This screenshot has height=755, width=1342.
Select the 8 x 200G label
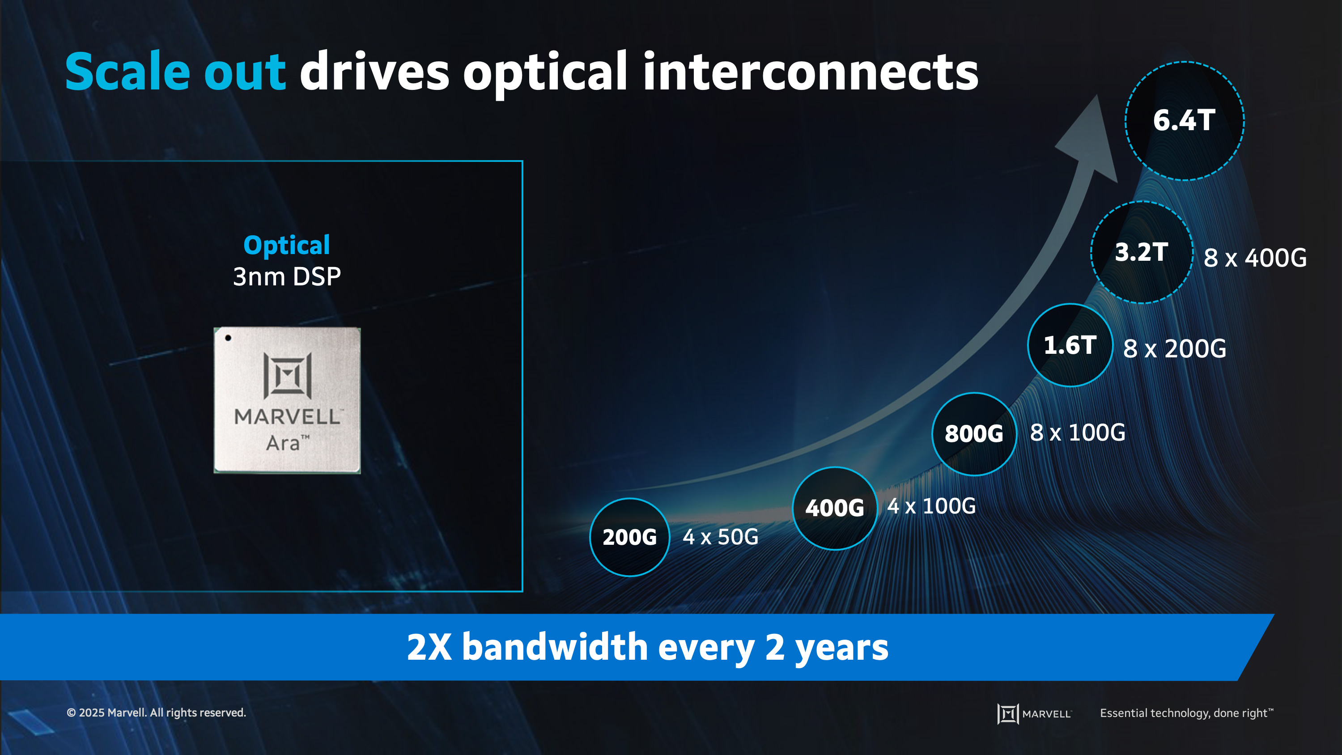point(1174,348)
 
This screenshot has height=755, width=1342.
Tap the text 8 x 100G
point(1077,433)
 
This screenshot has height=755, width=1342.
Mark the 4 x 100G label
point(931,506)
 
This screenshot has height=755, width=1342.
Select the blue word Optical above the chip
point(287,246)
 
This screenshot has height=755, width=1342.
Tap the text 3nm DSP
point(287,276)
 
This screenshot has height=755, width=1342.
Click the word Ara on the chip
point(282,443)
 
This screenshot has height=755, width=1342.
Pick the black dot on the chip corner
point(228,338)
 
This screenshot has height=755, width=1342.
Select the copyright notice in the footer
point(156,712)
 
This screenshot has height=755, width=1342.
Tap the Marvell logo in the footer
point(1034,713)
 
